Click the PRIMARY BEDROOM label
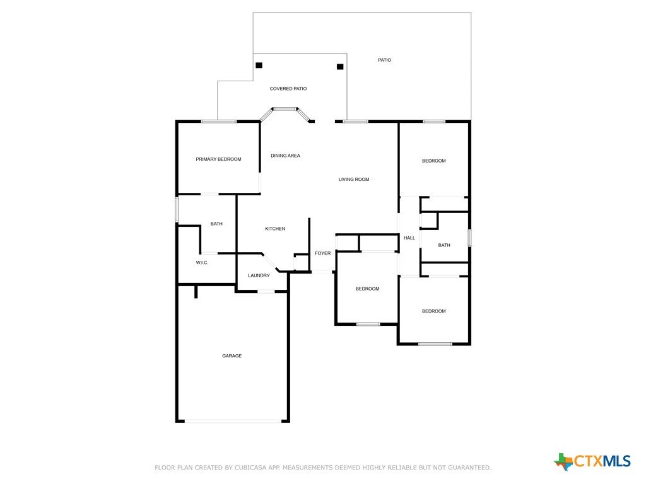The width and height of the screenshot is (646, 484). point(218,159)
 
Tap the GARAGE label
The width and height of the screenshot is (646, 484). point(232,356)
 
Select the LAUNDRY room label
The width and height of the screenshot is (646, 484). point(259,276)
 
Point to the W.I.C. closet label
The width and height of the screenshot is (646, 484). point(202,263)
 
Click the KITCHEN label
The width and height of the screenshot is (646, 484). point(275,229)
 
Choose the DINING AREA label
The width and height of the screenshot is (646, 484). point(286,156)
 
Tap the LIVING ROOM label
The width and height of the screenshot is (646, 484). point(354,180)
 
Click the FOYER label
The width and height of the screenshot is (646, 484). point(322,253)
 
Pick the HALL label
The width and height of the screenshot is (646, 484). point(409,238)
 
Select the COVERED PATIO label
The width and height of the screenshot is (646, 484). point(288,89)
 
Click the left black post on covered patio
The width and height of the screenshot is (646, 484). point(259,65)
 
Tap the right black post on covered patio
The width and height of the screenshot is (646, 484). point(340,67)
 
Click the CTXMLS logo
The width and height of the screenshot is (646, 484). point(592,461)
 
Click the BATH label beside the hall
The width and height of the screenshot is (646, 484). point(443,245)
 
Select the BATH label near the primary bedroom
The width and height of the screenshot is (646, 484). point(216,224)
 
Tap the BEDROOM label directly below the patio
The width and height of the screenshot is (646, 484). point(434,161)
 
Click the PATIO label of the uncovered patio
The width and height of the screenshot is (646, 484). point(384,60)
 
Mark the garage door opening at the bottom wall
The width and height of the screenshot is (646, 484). point(233,421)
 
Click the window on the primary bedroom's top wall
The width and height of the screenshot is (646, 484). point(219,122)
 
